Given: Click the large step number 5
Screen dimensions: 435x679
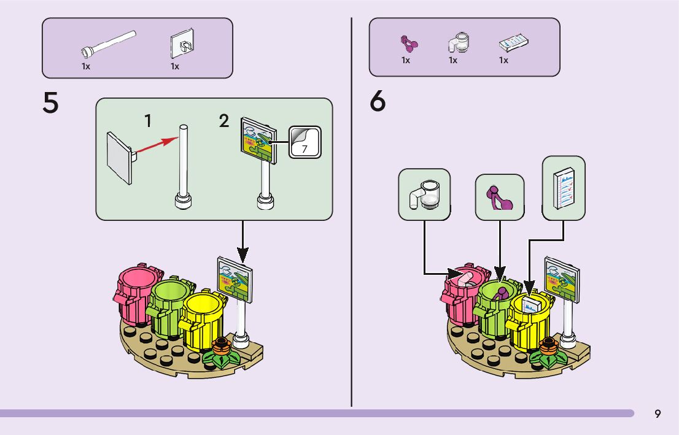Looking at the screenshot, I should pos(51,103).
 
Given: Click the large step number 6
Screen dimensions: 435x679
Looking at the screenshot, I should pos(378,102).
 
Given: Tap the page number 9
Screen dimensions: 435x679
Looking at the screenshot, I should pos(658,414).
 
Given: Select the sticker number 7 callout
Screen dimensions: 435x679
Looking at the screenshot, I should pos(305,142).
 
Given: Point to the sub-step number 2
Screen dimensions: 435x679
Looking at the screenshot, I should pos(224,121).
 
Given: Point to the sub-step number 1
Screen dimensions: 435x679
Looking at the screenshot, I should pos(148,121).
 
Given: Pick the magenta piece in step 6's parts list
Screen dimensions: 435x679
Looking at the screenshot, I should pos(408,43).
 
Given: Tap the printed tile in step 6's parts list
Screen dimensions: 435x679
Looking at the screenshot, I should pos(514,43).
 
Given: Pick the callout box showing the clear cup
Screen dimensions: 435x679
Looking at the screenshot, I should pos(424,194).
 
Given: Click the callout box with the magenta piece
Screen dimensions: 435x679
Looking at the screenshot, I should pos(500,197).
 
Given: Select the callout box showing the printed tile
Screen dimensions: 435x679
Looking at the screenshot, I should pos(564,188).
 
